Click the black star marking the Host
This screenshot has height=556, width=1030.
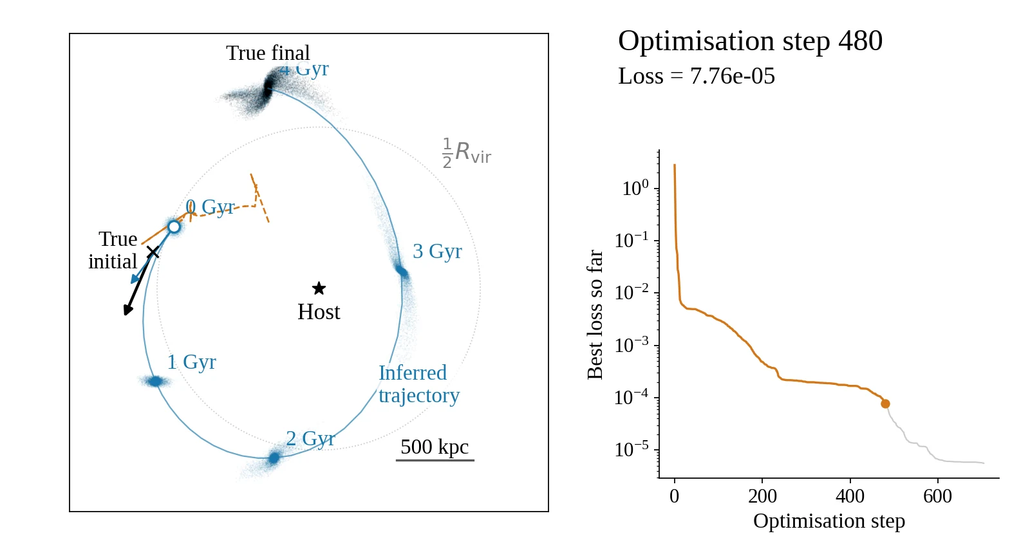pyautogui.click(x=319, y=288)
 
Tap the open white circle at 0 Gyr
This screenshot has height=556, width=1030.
pyautogui.click(x=174, y=227)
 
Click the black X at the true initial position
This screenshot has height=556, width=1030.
pyautogui.click(x=153, y=252)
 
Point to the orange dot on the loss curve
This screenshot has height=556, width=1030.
pyautogui.click(x=885, y=404)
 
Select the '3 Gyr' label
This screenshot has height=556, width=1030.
pyautogui.click(x=437, y=252)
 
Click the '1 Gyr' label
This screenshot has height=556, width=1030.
pyautogui.click(x=191, y=362)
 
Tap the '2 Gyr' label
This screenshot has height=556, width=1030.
pyautogui.click(x=310, y=438)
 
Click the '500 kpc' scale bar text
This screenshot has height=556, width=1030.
pyautogui.click(x=435, y=447)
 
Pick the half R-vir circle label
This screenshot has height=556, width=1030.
pyautogui.click(x=467, y=153)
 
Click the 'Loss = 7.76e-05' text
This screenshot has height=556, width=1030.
pyautogui.click(x=697, y=76)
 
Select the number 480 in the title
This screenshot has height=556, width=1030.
pyautogui.click(x=860, y=41)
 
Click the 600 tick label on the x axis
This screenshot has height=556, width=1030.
pyautogui.click(x=937, y=496)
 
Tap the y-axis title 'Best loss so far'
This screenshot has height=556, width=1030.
pyautogui.click(x=595, y=315)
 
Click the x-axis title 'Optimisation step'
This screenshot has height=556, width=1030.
pyautogui.click(x=829, y=521)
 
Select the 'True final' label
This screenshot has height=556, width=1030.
pyautogui.click(x=268, y=53)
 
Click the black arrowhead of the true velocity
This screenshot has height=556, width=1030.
pyautogui.click(x=128, y=310)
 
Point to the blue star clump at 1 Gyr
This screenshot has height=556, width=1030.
pyautogui.click(x=156, y=381)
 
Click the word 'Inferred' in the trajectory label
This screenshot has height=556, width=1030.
pyautogui.click(x=413, y=373)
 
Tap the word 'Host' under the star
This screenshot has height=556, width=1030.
pyautogui.click(x=319, y=312)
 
